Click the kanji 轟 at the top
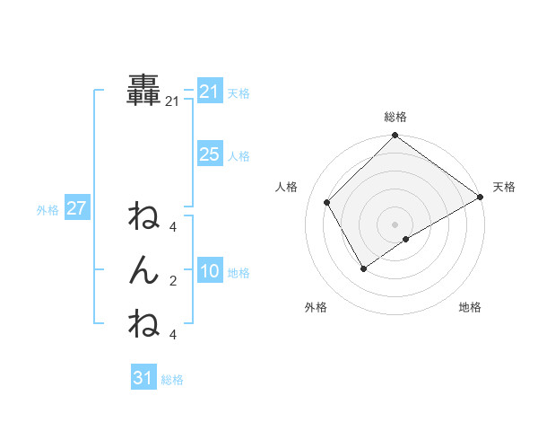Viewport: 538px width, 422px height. (x=144, y=92)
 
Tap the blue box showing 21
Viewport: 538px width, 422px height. (x=209, y=92)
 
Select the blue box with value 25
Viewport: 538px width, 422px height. (x=209, y=154)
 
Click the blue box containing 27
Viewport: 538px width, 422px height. (x=76, y=208)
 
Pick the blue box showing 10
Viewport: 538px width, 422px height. (x=209, y=271)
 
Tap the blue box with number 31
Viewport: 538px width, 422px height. (x=143, y=378)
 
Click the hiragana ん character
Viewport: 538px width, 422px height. (x=144, y=270)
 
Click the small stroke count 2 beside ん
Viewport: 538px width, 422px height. (x=172, y=281)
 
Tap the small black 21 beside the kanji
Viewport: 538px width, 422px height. (x=172, y=102)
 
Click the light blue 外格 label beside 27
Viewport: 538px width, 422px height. (x=48, y=210)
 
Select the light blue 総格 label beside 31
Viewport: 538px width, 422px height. (x=172, y=380)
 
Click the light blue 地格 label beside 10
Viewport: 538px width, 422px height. (x=239, y=273)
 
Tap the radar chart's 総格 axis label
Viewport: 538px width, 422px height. (x=395, y=117)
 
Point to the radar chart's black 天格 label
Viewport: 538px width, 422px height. (x=504, y=187)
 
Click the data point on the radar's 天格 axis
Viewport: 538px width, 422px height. (x=480, y=198)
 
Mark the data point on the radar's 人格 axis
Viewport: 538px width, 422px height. (x=327, y=202)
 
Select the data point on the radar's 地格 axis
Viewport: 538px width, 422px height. (x=406, y=238)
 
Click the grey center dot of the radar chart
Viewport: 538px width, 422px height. (x=395, y=224)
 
